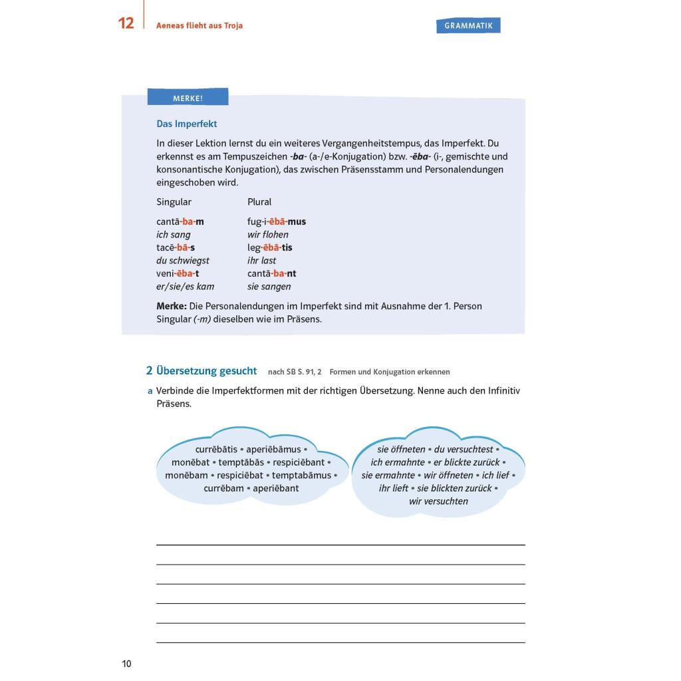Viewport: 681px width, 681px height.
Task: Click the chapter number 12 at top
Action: click(126, 23)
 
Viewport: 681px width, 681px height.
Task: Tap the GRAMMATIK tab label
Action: click(468, 26)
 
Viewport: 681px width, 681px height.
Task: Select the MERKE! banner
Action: click(188, 98)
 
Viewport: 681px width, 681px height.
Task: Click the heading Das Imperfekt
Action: click(186, 124)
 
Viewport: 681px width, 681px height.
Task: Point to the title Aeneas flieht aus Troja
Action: click(199, 26)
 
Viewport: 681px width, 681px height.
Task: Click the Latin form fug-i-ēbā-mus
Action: click(277, 221)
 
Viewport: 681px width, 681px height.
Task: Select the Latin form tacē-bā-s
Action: click(176, 247)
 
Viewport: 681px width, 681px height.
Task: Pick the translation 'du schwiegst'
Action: click(183, 261)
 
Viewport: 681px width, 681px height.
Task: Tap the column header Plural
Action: click(259, 202)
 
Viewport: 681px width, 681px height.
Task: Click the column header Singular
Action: click(174, 202)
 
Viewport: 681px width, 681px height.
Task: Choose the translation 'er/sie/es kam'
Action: click(186, 287)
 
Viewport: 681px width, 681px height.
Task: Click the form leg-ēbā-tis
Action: click(270, 247)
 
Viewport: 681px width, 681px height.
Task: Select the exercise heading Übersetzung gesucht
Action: click(206, 371)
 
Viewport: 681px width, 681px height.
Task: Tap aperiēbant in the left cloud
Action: click(276, 488)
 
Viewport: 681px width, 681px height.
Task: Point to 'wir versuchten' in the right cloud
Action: click(438, 501)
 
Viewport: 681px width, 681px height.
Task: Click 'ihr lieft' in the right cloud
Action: click(394, 488)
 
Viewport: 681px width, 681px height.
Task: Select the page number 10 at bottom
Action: click(126, 664)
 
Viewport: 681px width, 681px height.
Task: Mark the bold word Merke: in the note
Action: click(172, 306)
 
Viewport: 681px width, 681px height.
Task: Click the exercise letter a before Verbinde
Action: click(150, 391)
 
